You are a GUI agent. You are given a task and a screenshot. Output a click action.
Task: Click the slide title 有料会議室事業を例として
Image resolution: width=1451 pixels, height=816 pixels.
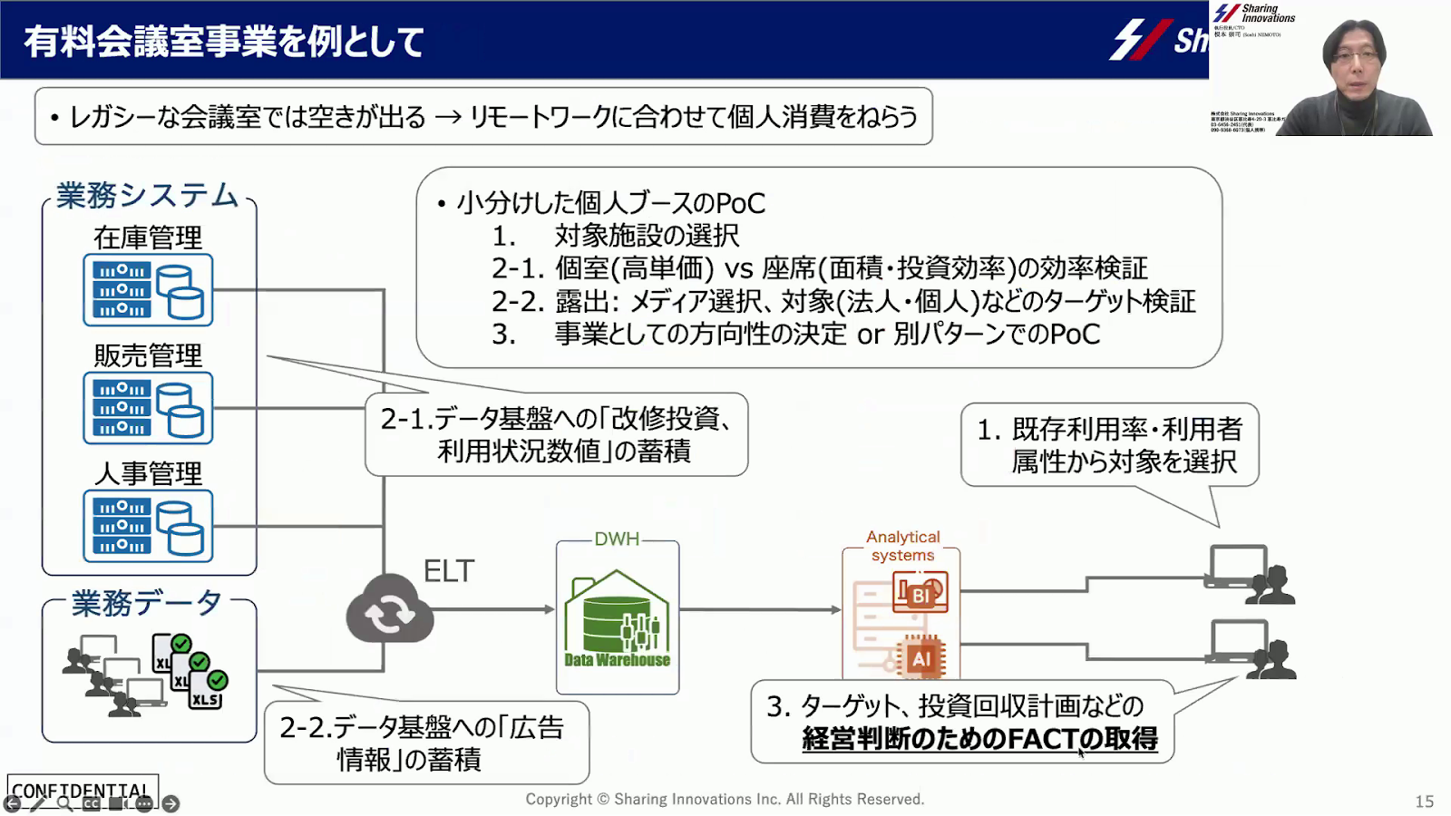(x=223, y=42)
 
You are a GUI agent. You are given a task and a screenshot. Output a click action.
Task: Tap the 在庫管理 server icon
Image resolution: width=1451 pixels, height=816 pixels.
(x=149, y=290)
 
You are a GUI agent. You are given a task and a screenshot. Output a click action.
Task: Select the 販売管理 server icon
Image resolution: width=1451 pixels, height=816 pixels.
(x=149, y=408)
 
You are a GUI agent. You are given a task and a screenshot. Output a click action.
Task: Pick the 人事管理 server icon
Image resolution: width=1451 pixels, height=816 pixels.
(x=149, y=526)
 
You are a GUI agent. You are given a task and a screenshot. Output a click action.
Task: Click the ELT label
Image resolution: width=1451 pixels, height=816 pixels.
(x=449, y=571)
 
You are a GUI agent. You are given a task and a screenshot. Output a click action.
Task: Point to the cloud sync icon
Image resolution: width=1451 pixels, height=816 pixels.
(x=390, y=610)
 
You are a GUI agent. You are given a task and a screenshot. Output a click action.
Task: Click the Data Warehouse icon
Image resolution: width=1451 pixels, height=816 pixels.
(x=617, y=621)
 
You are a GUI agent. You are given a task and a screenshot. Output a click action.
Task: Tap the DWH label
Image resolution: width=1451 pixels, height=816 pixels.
(x=617, y=539)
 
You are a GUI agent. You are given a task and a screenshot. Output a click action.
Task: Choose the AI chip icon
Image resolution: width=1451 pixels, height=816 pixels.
(x=921, y=658)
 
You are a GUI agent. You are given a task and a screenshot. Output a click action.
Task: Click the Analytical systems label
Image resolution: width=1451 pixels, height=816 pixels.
(x=902, y=546)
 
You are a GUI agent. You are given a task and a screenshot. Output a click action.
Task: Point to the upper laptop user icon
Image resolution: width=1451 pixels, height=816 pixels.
(x=1251, y=574)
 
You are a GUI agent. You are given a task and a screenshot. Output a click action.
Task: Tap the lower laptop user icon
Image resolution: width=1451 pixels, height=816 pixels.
(x=1251, y=649)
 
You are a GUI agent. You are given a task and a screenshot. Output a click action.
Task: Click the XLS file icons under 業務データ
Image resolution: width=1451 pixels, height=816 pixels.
(x=190, y=671)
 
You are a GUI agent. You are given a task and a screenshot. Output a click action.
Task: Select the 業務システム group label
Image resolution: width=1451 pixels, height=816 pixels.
(x=147, y=195)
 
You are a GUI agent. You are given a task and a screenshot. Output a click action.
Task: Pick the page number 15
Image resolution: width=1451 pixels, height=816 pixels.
(x=1425, y=801)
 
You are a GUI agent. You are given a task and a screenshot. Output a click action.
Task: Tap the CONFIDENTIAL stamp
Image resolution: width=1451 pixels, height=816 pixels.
(x=82, y=791)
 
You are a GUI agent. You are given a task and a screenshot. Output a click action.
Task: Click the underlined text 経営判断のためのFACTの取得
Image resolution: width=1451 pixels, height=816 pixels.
(x=979, y=739)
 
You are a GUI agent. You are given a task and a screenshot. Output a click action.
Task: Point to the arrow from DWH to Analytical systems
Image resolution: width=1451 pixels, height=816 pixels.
(x=762, y=609)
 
